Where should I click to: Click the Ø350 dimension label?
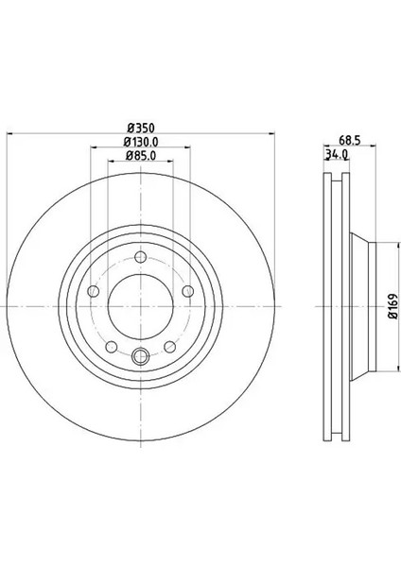[x=141, y=128]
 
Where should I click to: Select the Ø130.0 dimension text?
[x=141, y=142]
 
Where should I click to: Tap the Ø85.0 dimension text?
[x=141, y=156]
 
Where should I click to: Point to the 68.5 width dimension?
[x=350, y=140]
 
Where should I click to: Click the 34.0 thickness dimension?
[x=337, y=154]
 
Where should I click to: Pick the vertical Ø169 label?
[x=393, y=306]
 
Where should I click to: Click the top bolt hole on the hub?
[x=140, y=257]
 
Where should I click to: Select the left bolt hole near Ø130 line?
[x=94, y=291]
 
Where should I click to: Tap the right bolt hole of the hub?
[x=188, y=291]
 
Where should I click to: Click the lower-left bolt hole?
[x=112, y=347]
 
